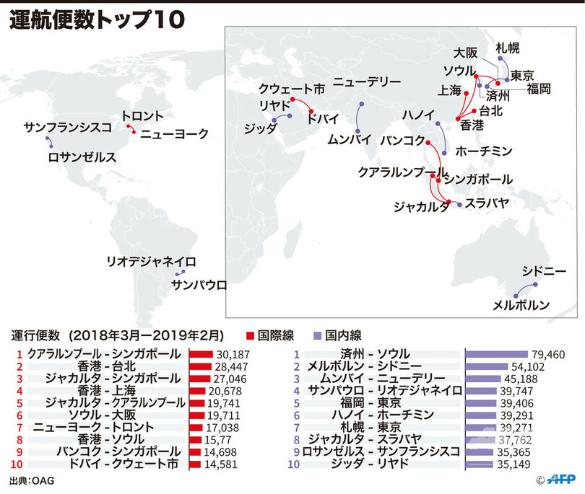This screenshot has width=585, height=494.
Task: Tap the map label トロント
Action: tap(142, 116)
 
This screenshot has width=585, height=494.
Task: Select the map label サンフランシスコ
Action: tap(67, 127)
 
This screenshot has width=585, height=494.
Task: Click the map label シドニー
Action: tap(544, 271)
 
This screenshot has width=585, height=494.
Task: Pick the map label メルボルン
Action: tap(521, 305)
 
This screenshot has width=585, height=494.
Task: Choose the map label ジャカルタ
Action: tap(417, 207)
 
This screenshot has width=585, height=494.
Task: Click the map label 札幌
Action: tap(507, 48)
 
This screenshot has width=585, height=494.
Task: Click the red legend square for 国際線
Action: tap(250, 335)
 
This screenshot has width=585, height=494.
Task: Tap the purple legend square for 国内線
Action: tap(316, 335)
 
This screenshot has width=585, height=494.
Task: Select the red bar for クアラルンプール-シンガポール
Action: tap(201, 355)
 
